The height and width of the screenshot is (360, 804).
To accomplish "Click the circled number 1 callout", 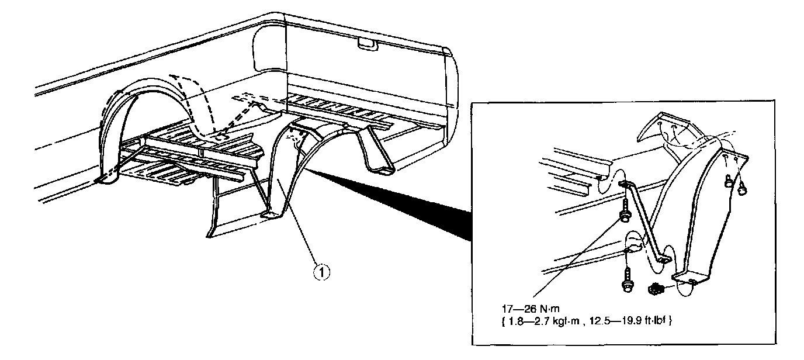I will [320, 271].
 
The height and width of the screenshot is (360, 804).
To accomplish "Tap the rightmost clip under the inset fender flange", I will [744, 187].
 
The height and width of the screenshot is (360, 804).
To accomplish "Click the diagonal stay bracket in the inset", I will [644, 222].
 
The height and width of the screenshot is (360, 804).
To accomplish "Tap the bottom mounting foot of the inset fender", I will [689, 279].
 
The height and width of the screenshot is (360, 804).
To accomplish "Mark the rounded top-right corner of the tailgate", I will [449, 56].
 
